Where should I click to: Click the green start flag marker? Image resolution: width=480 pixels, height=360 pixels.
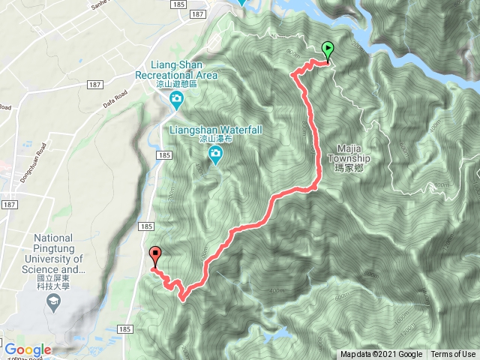328,50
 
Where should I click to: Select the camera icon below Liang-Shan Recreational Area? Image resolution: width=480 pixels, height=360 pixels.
175,100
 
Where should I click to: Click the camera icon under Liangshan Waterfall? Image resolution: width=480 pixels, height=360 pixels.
215,155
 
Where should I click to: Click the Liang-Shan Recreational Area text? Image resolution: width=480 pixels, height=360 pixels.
177,70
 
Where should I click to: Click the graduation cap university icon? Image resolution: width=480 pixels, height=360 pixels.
54,303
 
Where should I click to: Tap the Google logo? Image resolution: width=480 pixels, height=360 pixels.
28,349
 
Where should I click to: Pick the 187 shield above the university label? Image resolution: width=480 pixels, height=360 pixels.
10,204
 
